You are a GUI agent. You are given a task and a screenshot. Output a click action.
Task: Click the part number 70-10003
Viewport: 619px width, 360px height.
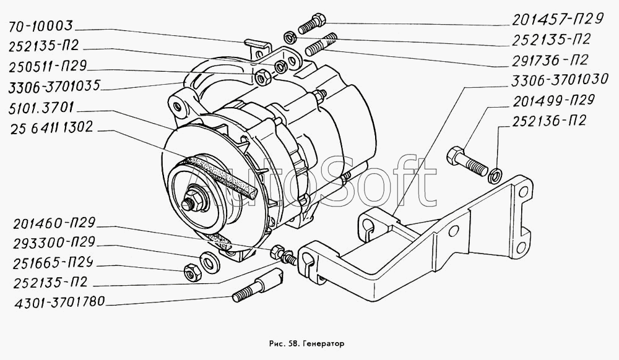click(x=41, y=27)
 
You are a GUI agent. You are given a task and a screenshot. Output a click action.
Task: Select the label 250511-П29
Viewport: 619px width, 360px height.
click(x=48, y=66)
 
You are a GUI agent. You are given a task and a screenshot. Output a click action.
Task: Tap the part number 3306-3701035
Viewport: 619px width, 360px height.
click(x=54, y=87)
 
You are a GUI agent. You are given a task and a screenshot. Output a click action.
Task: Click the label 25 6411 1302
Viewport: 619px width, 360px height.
click(x=51, y=127)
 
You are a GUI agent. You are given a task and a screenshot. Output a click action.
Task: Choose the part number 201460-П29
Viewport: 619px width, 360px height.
click(x=54, y=223)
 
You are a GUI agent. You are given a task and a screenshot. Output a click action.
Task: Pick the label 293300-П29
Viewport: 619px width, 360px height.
click(x=54, y=242)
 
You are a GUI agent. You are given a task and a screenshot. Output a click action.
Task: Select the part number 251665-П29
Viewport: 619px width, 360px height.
click(x=53, y=263)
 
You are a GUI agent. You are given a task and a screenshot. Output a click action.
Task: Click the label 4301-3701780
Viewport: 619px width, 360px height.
click(x=59, y=302)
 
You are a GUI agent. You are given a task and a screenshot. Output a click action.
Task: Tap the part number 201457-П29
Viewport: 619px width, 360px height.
click(x=558, y=19)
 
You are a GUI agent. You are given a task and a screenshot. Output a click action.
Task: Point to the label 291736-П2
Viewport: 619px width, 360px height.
click(x=550, y=60)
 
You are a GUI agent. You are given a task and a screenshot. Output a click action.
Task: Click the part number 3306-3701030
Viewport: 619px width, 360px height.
click(x=560, y=80)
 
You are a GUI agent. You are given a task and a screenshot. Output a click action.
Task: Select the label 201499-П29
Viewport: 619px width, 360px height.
click(x=553, y=101)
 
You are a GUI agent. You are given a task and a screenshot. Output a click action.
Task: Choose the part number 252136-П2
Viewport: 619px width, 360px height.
click(x=549, y=121)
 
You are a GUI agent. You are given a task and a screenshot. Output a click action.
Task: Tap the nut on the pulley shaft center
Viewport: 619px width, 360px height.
click(x=196, y=200)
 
